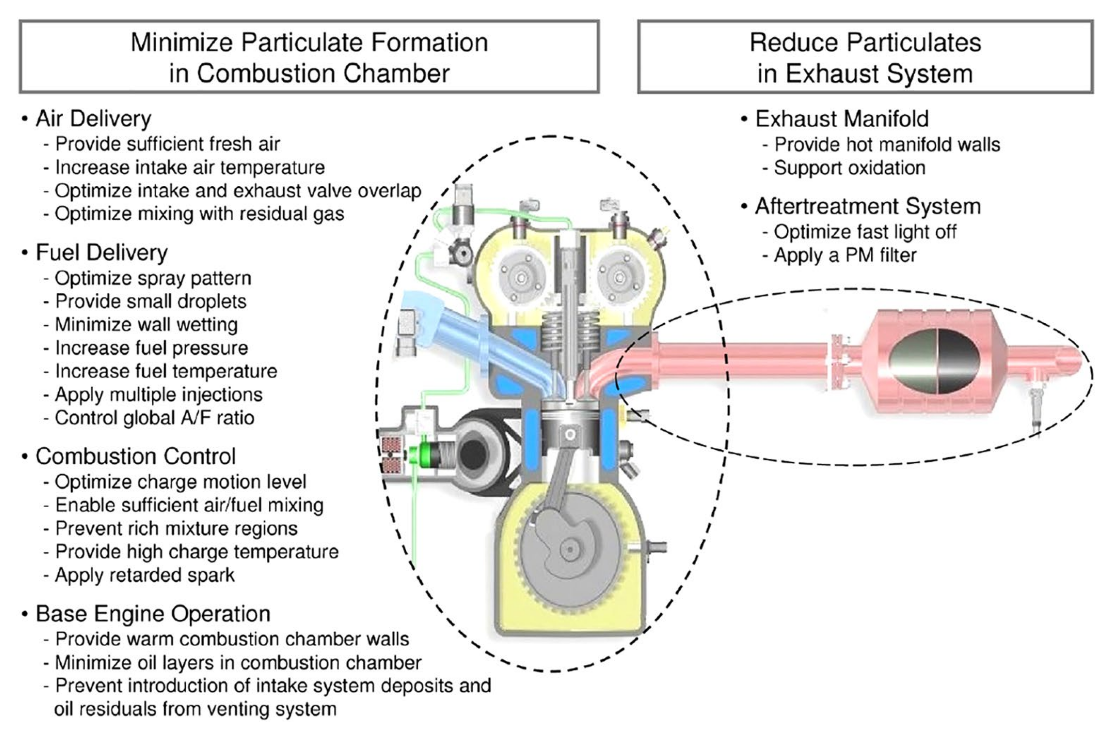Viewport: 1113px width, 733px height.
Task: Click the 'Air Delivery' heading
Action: [93, 119]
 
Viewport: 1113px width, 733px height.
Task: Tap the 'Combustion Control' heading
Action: [135, 456]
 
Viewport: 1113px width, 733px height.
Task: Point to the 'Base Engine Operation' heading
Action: [153, 614]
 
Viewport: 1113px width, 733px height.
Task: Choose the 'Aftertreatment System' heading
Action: [867, 206]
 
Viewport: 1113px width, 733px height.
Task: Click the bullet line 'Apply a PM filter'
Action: [845, 256]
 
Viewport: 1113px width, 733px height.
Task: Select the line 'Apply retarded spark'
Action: [144, 575]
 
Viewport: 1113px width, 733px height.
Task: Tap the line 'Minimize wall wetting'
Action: [146, 324]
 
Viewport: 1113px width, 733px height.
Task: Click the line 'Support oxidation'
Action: [849, 168]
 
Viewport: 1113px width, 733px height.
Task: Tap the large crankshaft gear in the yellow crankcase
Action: [570, 550]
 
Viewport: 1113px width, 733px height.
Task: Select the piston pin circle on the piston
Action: [570, 434]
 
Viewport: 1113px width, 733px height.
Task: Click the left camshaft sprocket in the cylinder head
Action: [521, 277]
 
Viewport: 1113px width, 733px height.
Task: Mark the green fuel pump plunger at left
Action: [424, 454]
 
